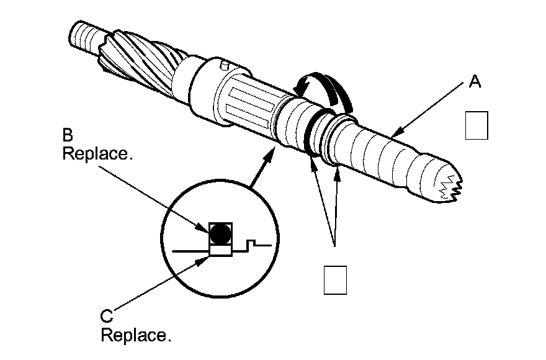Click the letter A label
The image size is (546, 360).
click(475, 82)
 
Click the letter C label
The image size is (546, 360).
click(106, 317)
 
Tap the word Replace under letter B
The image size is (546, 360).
click(97, 154)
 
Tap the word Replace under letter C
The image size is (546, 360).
click(135, 336)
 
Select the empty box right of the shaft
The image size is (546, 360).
click(476, 125)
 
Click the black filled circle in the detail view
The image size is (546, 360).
click(220, 233)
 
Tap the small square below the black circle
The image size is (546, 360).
click(220, 250)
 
